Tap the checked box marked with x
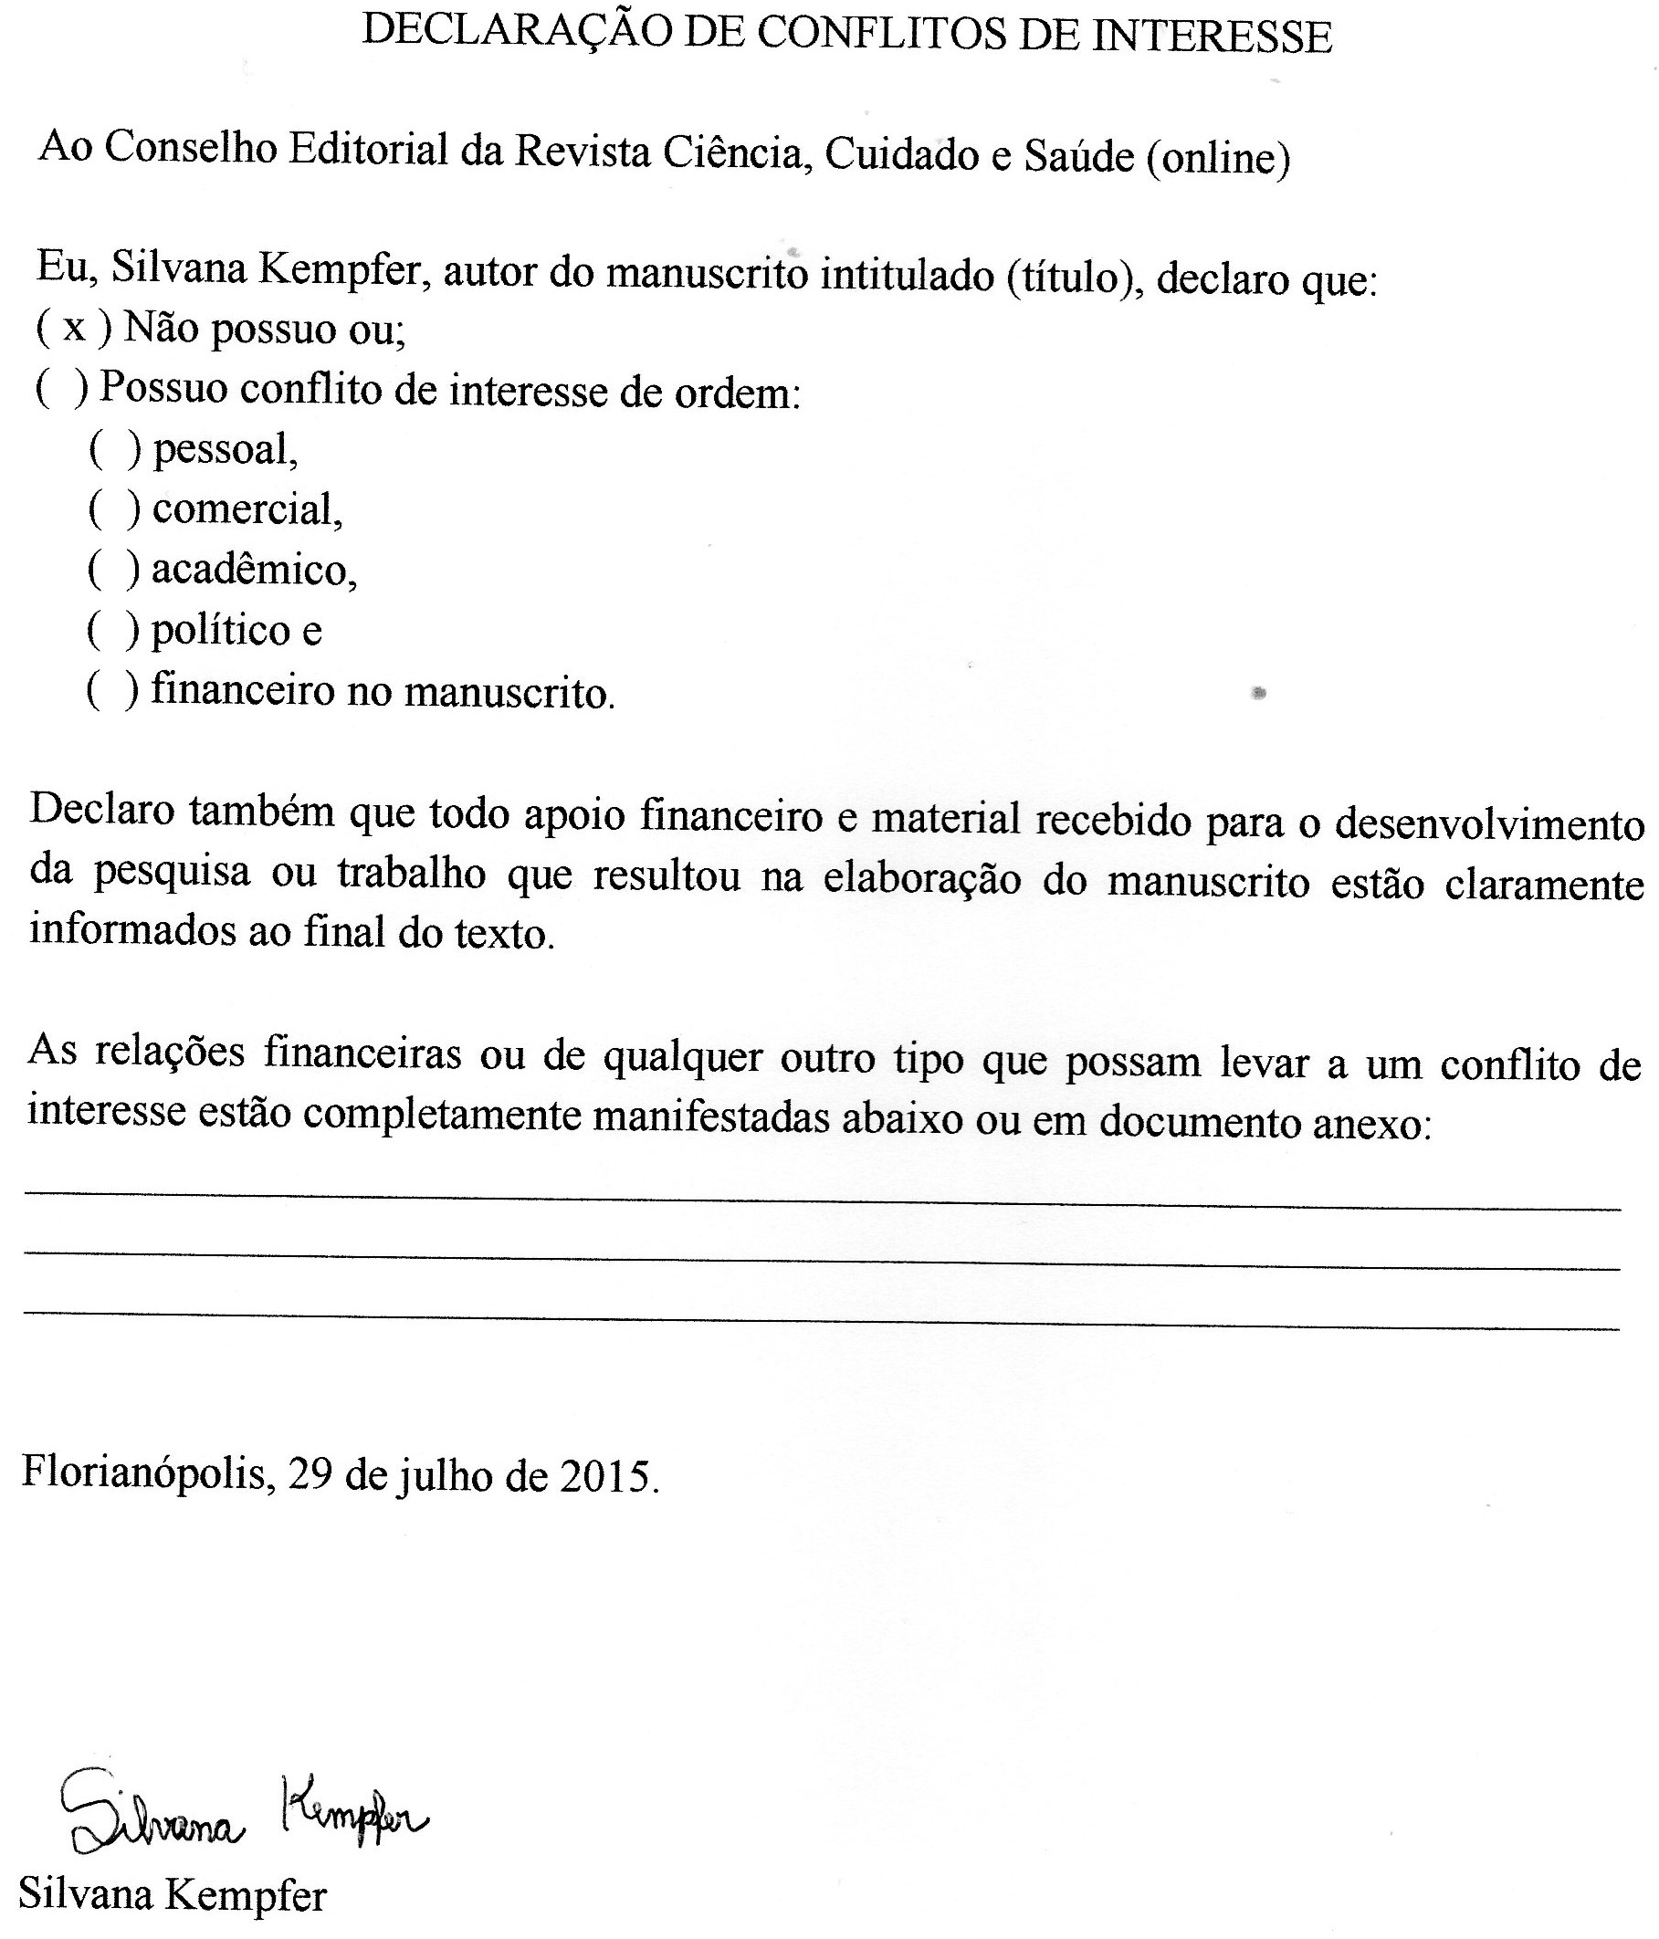(x=73, y=329)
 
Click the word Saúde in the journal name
(x=1079, y=155)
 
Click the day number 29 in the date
(x=310, y=1475)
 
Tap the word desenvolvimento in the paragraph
(x=1488, y=824)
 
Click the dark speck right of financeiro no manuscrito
(x=1258, y=694)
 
